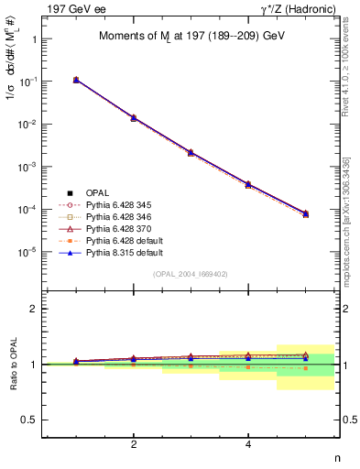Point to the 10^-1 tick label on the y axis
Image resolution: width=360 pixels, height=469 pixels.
30,82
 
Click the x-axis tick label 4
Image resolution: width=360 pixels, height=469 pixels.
248,445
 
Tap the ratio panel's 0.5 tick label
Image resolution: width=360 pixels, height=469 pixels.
29,420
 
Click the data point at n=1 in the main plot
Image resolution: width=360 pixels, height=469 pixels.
76,80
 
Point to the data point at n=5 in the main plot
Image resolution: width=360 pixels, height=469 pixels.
305,213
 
